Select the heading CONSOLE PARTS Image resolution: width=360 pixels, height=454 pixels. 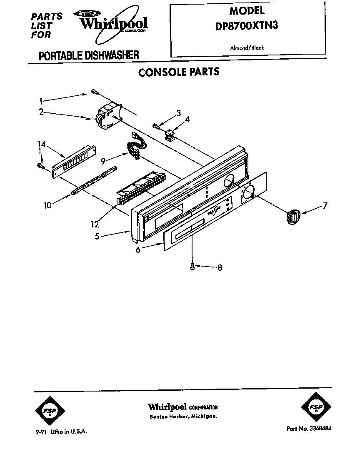point(179,72)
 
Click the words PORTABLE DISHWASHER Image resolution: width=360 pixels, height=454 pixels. point(89,55)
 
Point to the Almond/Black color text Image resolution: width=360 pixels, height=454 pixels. point(247,48)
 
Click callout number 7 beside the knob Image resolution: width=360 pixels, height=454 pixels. point(325,205)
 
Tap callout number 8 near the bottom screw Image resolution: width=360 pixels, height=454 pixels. point(219,268)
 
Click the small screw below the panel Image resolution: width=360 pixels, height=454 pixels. point(192,266)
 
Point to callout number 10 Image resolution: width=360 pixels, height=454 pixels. point(48,205)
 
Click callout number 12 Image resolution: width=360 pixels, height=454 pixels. point(95,224)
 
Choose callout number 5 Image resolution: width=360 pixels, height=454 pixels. point(97,236)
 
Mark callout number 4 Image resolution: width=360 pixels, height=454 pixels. point(187,119)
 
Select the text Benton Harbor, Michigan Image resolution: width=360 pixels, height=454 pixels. point(183,417)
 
